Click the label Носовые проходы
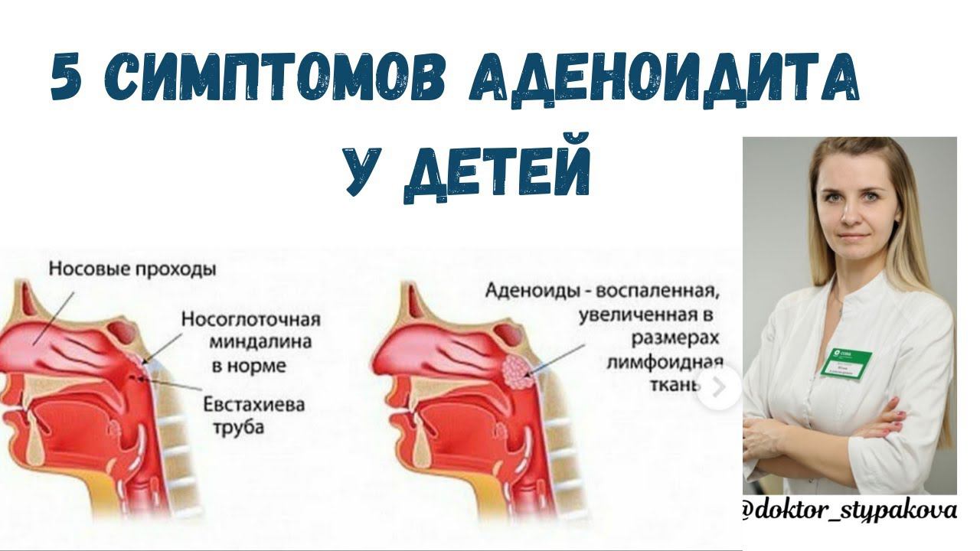(x=132, y=269)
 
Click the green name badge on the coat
(x=846, y=363)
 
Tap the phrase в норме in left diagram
(x=248, y=366)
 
